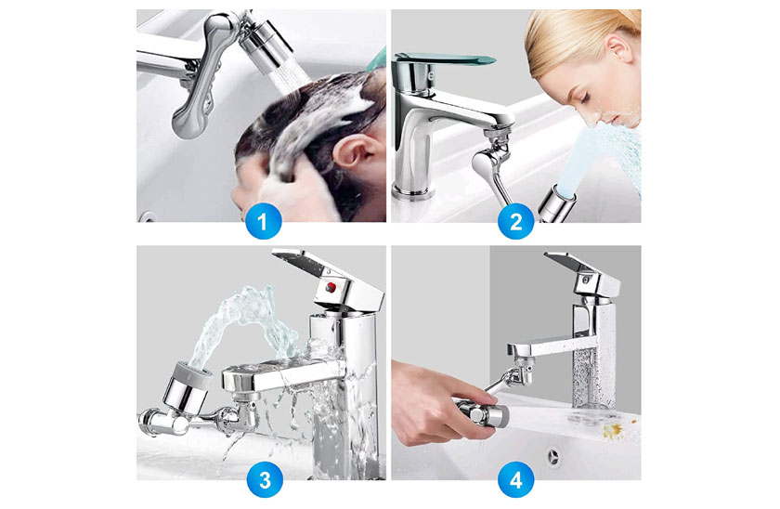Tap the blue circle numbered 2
516,221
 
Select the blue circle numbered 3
265,480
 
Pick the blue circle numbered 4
516,480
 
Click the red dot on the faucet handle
331,287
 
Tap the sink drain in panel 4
553,456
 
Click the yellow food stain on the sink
614,431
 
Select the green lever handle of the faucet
443,59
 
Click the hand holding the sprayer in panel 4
433,401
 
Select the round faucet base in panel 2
412,191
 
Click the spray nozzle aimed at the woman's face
556,203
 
